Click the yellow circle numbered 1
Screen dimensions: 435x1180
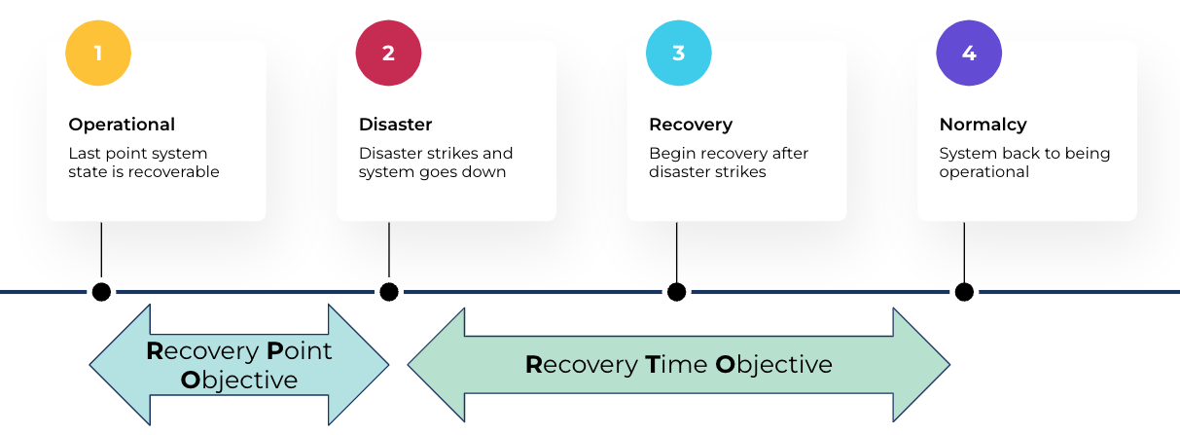point(98,53)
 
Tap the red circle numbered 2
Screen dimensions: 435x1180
point(388,53)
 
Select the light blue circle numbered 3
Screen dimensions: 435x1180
point(678,53)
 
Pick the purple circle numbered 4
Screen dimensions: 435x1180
point(968,53)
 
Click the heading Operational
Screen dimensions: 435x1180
point(122,125)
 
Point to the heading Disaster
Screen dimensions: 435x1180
point(395,125)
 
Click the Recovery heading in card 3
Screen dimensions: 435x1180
point(690,125)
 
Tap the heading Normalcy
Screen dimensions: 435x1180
point(983,125)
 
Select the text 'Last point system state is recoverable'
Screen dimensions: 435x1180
point(143,163)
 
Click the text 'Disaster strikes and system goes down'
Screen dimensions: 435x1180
point(435,163)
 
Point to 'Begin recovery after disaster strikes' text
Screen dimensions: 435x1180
point(728,163)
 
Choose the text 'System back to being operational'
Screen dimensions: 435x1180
point(1023,163)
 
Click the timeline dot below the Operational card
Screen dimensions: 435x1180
point(101,291)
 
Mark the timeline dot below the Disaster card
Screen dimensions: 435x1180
point(389,291)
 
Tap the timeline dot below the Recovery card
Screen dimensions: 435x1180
point(676,291)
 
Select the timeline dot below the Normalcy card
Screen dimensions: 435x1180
point(964,291)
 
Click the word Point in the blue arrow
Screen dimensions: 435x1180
point(299,350)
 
